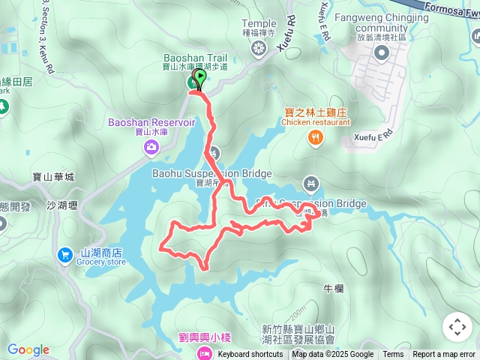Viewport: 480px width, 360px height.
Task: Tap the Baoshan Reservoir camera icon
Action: pyautogui.click(x=151, y=148)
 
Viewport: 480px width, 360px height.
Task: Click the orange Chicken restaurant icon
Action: pyautogui.click(x=315, y=137)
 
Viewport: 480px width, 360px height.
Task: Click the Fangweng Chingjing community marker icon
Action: pyautogui.click(x=381, y=52)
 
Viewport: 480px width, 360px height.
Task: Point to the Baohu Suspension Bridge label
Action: pyautogui.click(x=211, y=174)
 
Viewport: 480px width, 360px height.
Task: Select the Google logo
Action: pyautogui.click(x=28, y=349)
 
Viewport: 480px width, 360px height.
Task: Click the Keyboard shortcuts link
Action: pyautogui.click(x=250, y=355)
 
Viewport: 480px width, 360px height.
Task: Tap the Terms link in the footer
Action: pyautogui.click(x=393, y=355)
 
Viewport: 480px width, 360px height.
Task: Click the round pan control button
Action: pyautogui.click(x=457, y=327)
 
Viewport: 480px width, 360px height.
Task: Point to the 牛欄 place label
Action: pyautogui.click(x=333, y=288)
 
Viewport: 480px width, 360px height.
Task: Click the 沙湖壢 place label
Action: pyautogui.click(x=61, y=205)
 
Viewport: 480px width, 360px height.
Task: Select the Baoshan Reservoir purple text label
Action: pyautogui.click(x=152, y=121)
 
